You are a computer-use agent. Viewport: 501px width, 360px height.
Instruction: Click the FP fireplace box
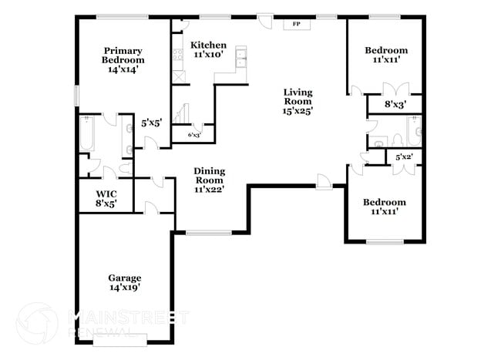pos(296,24)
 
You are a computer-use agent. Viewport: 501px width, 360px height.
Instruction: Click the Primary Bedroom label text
pos(124,56)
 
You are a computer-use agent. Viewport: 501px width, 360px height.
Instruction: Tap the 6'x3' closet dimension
pos(194,135)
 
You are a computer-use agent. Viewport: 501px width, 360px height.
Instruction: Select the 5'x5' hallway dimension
pos(151,122)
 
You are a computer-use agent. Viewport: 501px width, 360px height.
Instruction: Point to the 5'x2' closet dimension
pos(404,157)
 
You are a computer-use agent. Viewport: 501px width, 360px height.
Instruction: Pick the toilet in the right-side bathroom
pos(396,140)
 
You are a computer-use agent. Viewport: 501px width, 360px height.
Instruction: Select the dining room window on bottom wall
pos(209,232)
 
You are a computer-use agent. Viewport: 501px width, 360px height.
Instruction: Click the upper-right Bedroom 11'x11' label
pos(386,55)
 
